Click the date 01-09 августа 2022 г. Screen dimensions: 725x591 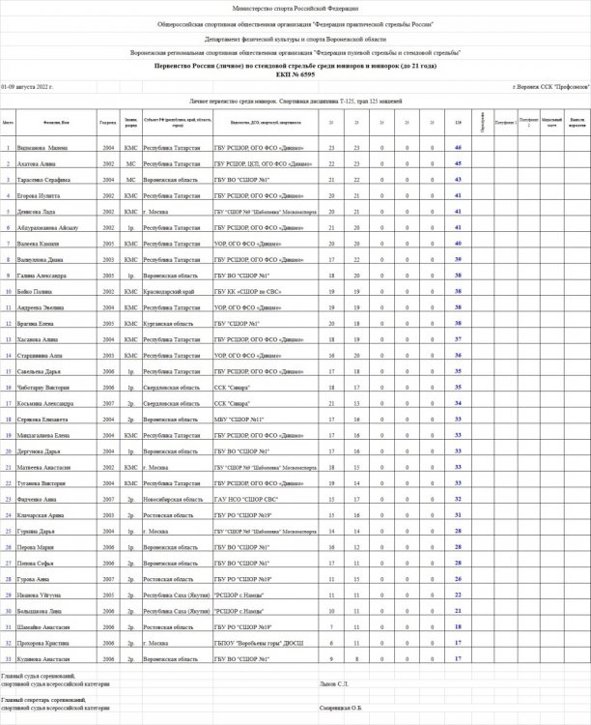click(x=27, y=87)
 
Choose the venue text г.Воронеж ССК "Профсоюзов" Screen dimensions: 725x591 click(x=550, y=87)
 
